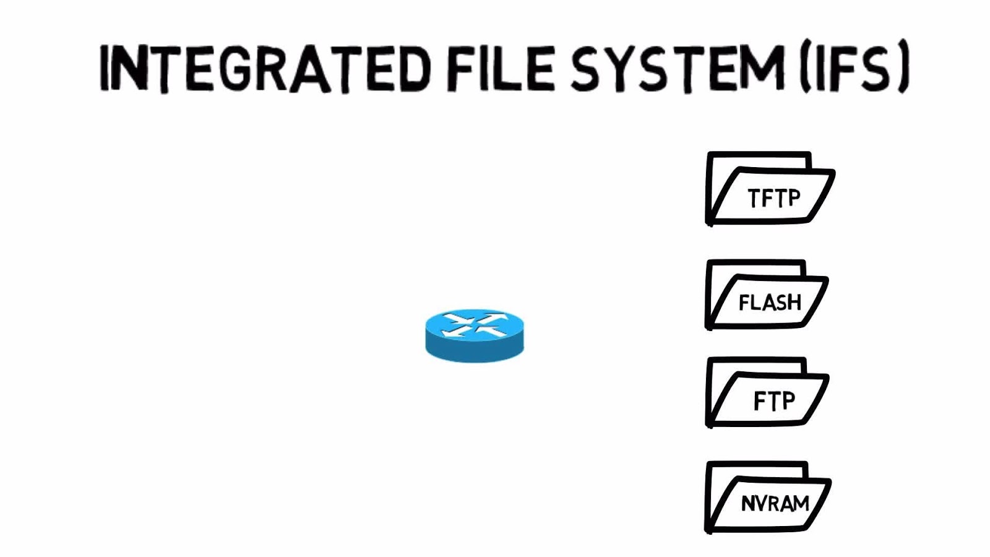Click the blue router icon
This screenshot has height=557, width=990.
pos(475,335)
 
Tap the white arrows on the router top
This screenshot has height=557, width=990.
pos(475,324)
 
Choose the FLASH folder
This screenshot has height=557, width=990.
pos(767,295)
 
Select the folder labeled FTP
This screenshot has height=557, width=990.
pos(767,392)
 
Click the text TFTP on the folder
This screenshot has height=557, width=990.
pos(774,198)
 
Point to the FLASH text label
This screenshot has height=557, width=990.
pos(770,303)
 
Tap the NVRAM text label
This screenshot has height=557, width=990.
pos(775,503)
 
